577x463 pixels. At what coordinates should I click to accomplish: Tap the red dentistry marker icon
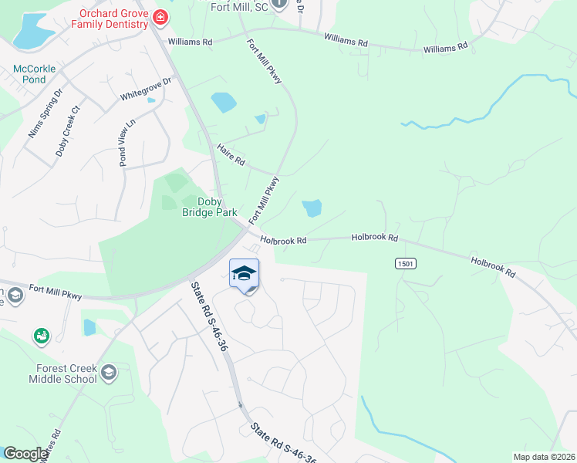point(160,17)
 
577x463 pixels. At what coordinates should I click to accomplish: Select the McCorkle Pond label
point(35,74)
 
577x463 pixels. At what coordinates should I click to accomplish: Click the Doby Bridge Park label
point(209,207)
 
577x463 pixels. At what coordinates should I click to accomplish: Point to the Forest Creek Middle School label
point(63,373)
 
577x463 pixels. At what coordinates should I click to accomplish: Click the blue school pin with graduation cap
point(245,275)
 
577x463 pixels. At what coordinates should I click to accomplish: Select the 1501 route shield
point(407,264)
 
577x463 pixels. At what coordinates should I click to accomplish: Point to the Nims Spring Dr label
point(45,114)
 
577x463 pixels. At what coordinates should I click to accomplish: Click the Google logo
point(25,454)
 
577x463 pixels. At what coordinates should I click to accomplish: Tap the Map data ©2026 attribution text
point(543,457)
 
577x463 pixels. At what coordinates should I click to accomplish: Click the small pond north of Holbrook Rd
point(312,208)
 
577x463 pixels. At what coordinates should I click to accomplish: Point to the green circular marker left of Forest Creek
point(40,336)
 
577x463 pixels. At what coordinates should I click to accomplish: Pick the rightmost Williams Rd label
point(445,48)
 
